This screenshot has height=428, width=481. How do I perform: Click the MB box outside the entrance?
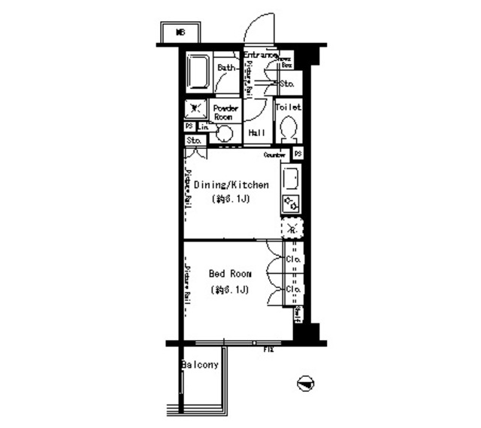(x=180, y=32)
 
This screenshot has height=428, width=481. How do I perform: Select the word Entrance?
(x=260, y=54)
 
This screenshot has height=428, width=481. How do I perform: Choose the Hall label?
(x=256, y=133)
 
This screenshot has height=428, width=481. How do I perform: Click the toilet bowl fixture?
(x=287, y=130)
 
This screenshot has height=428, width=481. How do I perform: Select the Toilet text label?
(x=288, y=108)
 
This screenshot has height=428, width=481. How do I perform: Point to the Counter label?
(x=275, y=155)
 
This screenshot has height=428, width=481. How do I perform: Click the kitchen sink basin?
(x=291, y=178)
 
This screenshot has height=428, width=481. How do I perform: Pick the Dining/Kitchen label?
(x=231, y=185)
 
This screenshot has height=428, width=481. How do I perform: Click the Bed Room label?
(x=230, y=274)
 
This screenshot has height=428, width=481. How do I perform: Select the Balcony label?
(x=200, y=366)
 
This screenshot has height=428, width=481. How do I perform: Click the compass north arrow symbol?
(x=305, y=384)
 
